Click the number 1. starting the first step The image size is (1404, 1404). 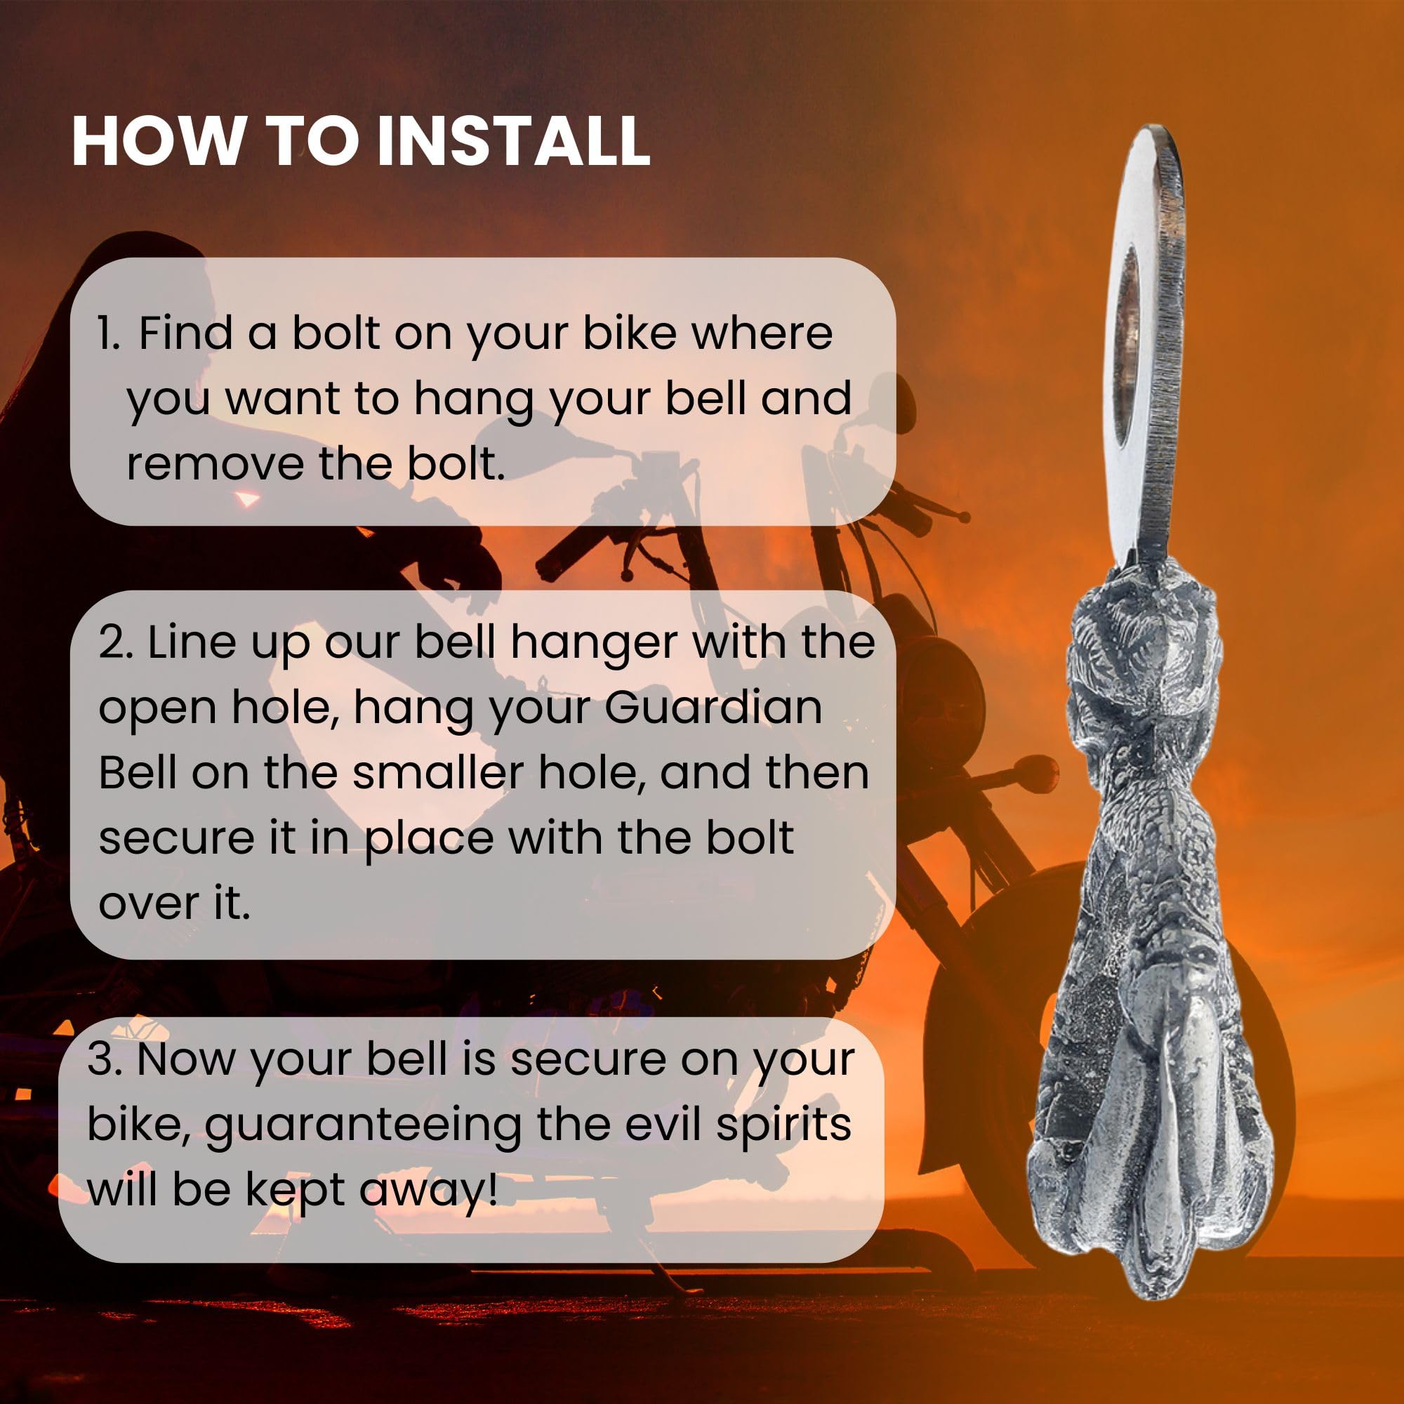pyautogui.click(x=109, y=333)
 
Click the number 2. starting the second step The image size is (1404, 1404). pyautogui.click(x=116, y=642)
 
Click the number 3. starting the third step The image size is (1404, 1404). pyautogui.click(x=105, y=1059)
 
